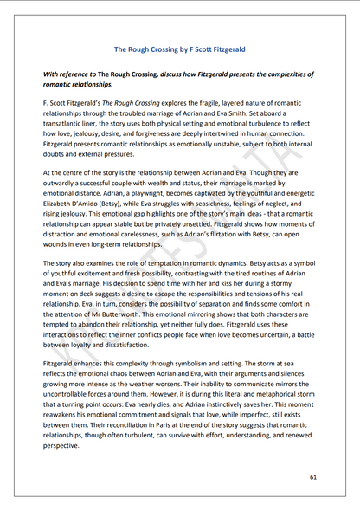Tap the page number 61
click(312, 477)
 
